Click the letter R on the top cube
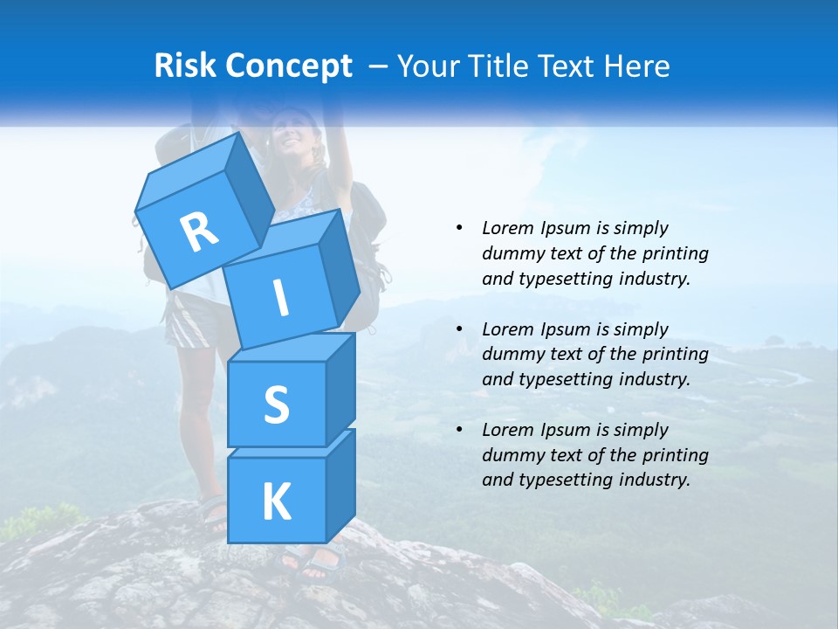pyautogui.click(x=199, y=232)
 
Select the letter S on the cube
pyautogui.click(x=276, y=404)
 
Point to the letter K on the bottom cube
pyautogui.click(x=276, y=502)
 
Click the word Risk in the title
pyautogui.click(x=186, y=66)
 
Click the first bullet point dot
pyautogui.click(x=458, y=228)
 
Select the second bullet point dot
pyautogui.click(x=458, y=329)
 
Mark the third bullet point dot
pyautogui.click(x=458, y=430)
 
